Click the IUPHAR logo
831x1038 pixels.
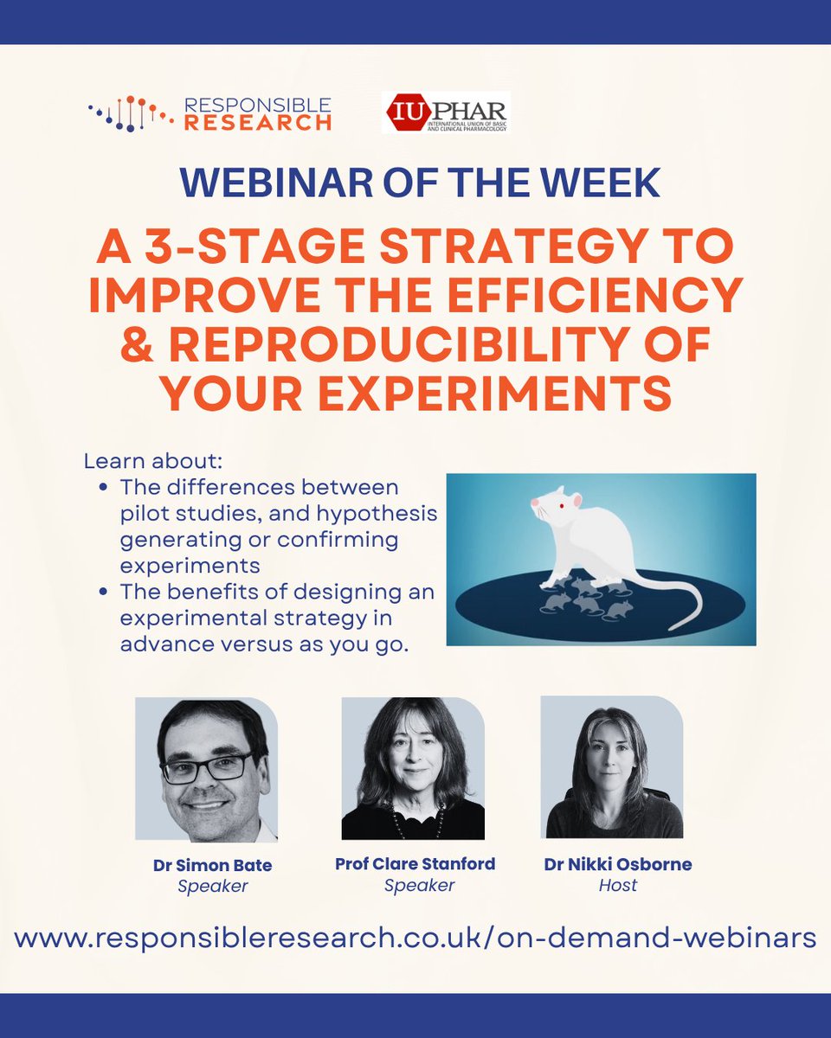point(446,112)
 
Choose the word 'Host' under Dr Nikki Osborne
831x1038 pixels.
point(618,886)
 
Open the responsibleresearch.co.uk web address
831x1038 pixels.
point(415,938)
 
